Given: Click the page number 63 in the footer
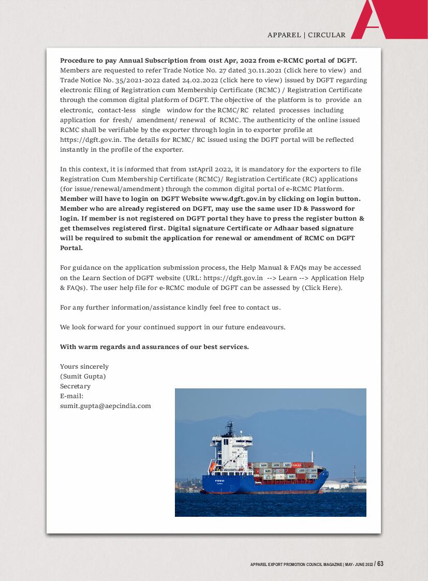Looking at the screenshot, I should pos(380,564).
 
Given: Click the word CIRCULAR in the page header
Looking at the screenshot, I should pos(328,35).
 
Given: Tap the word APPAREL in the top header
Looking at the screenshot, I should pos(284,35).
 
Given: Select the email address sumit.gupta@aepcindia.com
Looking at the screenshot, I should pos(106,406).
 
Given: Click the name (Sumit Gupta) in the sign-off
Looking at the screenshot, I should pos(83,376).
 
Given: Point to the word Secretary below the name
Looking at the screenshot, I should pos(75,386).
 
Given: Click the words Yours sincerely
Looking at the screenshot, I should pos(84,367).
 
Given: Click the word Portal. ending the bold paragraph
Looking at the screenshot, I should pos(71,248).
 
